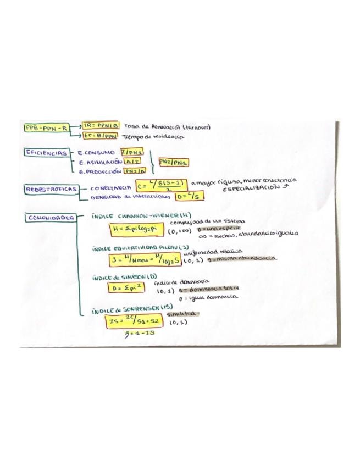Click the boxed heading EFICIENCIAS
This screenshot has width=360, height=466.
click(x=46, y=153)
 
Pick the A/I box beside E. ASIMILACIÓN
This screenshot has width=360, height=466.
click(x=131, y=162)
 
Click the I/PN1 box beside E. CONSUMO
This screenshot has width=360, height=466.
click(x=132, y=152)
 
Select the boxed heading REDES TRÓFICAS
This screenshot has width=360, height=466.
click(x=50, y=189)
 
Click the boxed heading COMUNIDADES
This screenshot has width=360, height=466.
click(x=50, y=218)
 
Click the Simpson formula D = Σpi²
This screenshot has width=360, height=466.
click(x=126, y=287)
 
